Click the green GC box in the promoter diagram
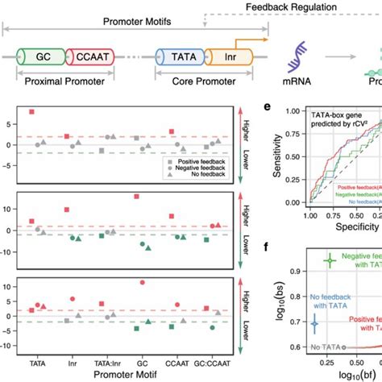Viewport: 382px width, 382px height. (39, 58)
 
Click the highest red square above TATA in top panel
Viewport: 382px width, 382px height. (32, 111)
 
